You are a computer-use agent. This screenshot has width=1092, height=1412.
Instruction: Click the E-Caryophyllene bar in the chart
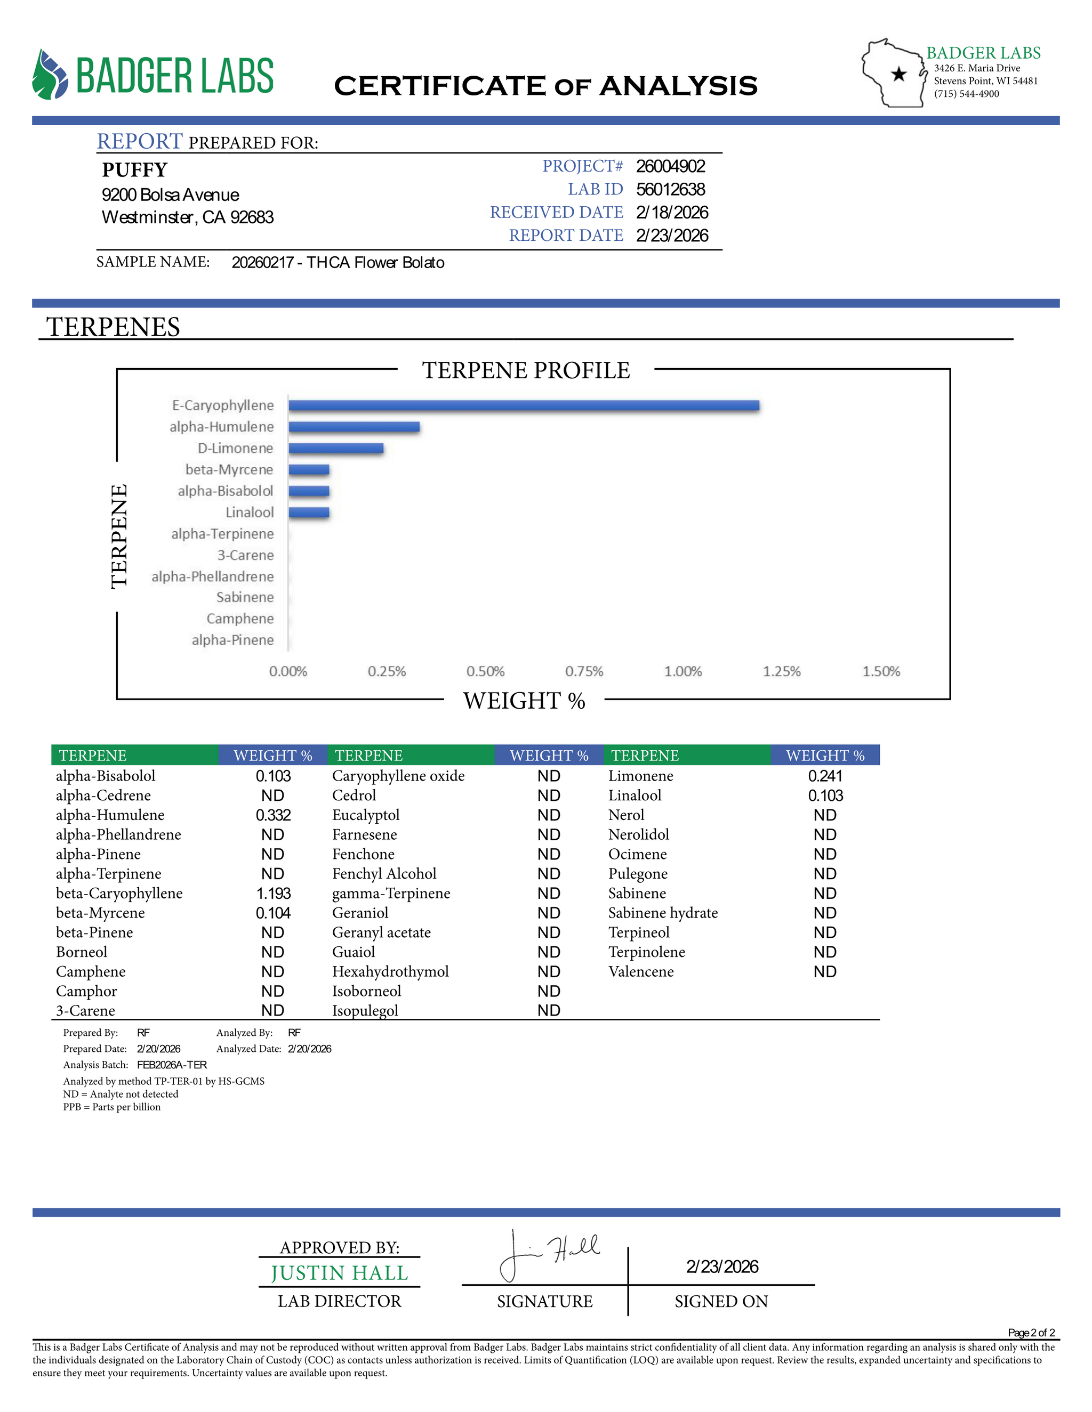524,405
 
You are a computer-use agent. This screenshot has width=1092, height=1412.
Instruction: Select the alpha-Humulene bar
354,427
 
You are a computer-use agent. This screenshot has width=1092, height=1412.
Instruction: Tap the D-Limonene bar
336,448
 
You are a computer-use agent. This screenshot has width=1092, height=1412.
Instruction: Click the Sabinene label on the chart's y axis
245,597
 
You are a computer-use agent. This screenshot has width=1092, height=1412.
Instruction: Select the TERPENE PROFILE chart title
526,370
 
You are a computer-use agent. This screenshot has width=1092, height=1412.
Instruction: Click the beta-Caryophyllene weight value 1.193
273,894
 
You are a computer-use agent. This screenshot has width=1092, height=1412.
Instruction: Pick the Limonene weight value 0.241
825,776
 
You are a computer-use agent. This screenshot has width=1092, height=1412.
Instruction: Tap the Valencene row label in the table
640,972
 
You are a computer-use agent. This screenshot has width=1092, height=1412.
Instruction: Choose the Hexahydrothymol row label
390,972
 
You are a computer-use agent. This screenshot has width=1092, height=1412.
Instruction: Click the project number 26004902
670,166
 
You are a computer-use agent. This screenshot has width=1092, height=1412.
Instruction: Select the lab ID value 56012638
670,190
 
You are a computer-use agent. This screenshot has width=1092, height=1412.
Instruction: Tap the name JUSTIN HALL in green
340,1273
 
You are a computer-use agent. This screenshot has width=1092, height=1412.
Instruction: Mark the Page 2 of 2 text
1031,1333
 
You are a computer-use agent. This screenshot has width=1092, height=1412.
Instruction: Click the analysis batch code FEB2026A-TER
172,1065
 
